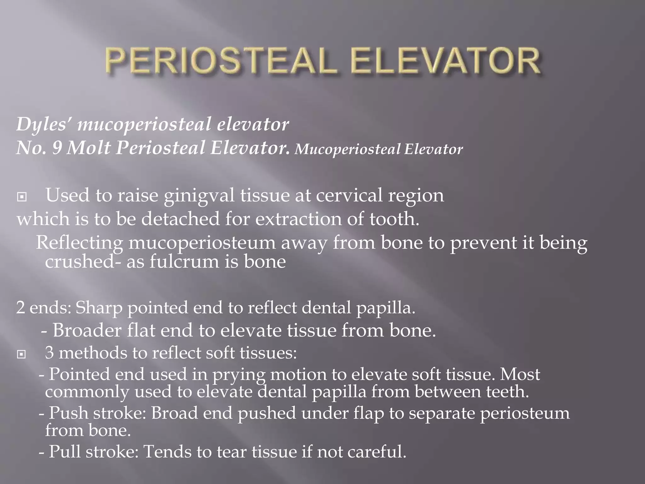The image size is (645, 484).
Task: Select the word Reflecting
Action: [x=79, y=243]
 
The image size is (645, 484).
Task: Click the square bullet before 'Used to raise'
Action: [x=22, y=197]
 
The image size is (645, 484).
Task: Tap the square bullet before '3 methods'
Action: [x=22, y=354]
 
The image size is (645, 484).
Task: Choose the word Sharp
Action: [x=99, y=308]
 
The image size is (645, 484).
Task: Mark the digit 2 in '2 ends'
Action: [x=21, y=308]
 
